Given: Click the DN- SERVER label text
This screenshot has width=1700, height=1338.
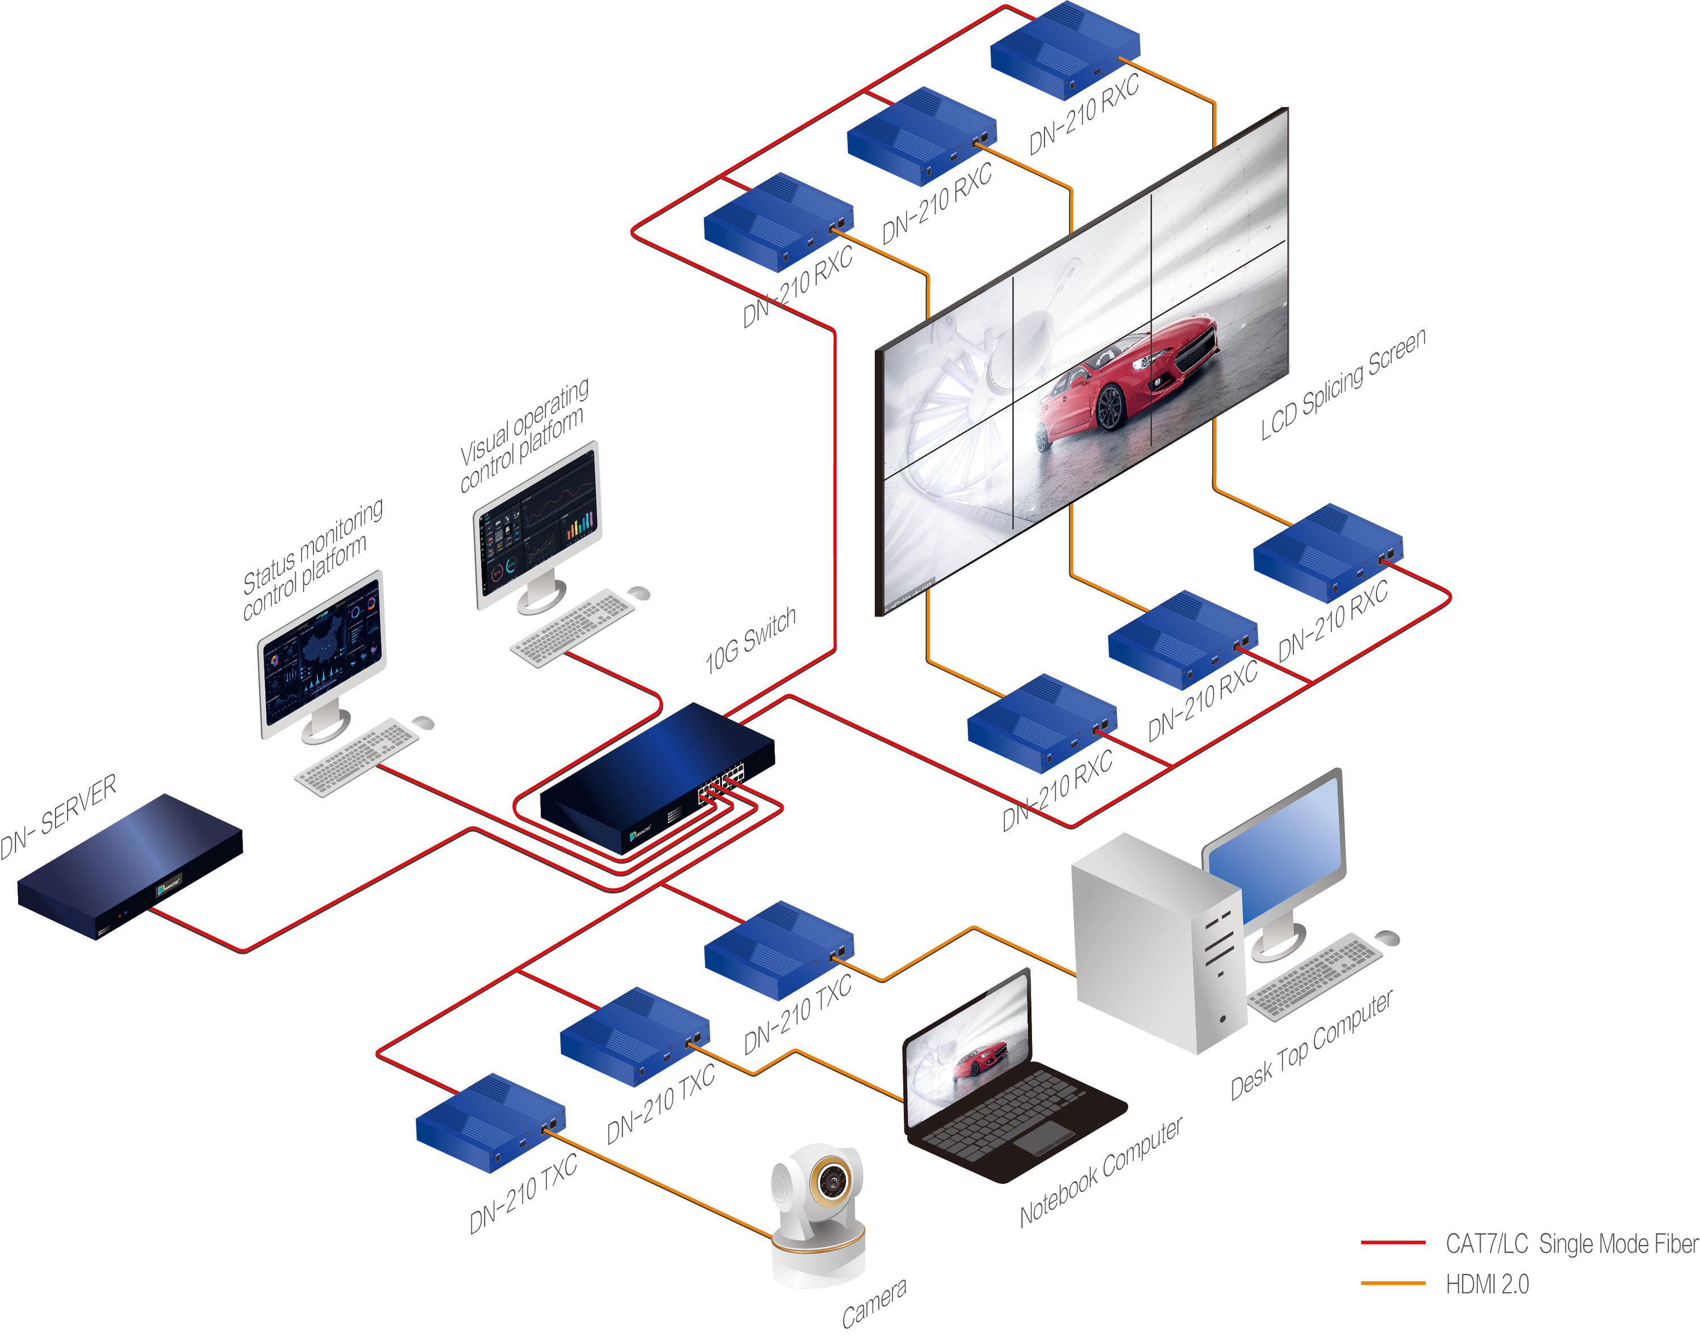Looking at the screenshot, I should point(59,816).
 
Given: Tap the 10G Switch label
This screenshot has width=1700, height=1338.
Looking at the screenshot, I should point(750,640).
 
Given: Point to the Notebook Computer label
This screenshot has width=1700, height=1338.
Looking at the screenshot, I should point(1100,1172).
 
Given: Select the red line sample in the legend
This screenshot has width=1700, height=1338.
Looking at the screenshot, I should point(1392,1242).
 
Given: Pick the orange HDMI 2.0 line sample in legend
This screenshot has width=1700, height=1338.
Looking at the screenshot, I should point(1392,1283).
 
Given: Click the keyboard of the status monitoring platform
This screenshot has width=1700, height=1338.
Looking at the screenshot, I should point(356,756).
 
